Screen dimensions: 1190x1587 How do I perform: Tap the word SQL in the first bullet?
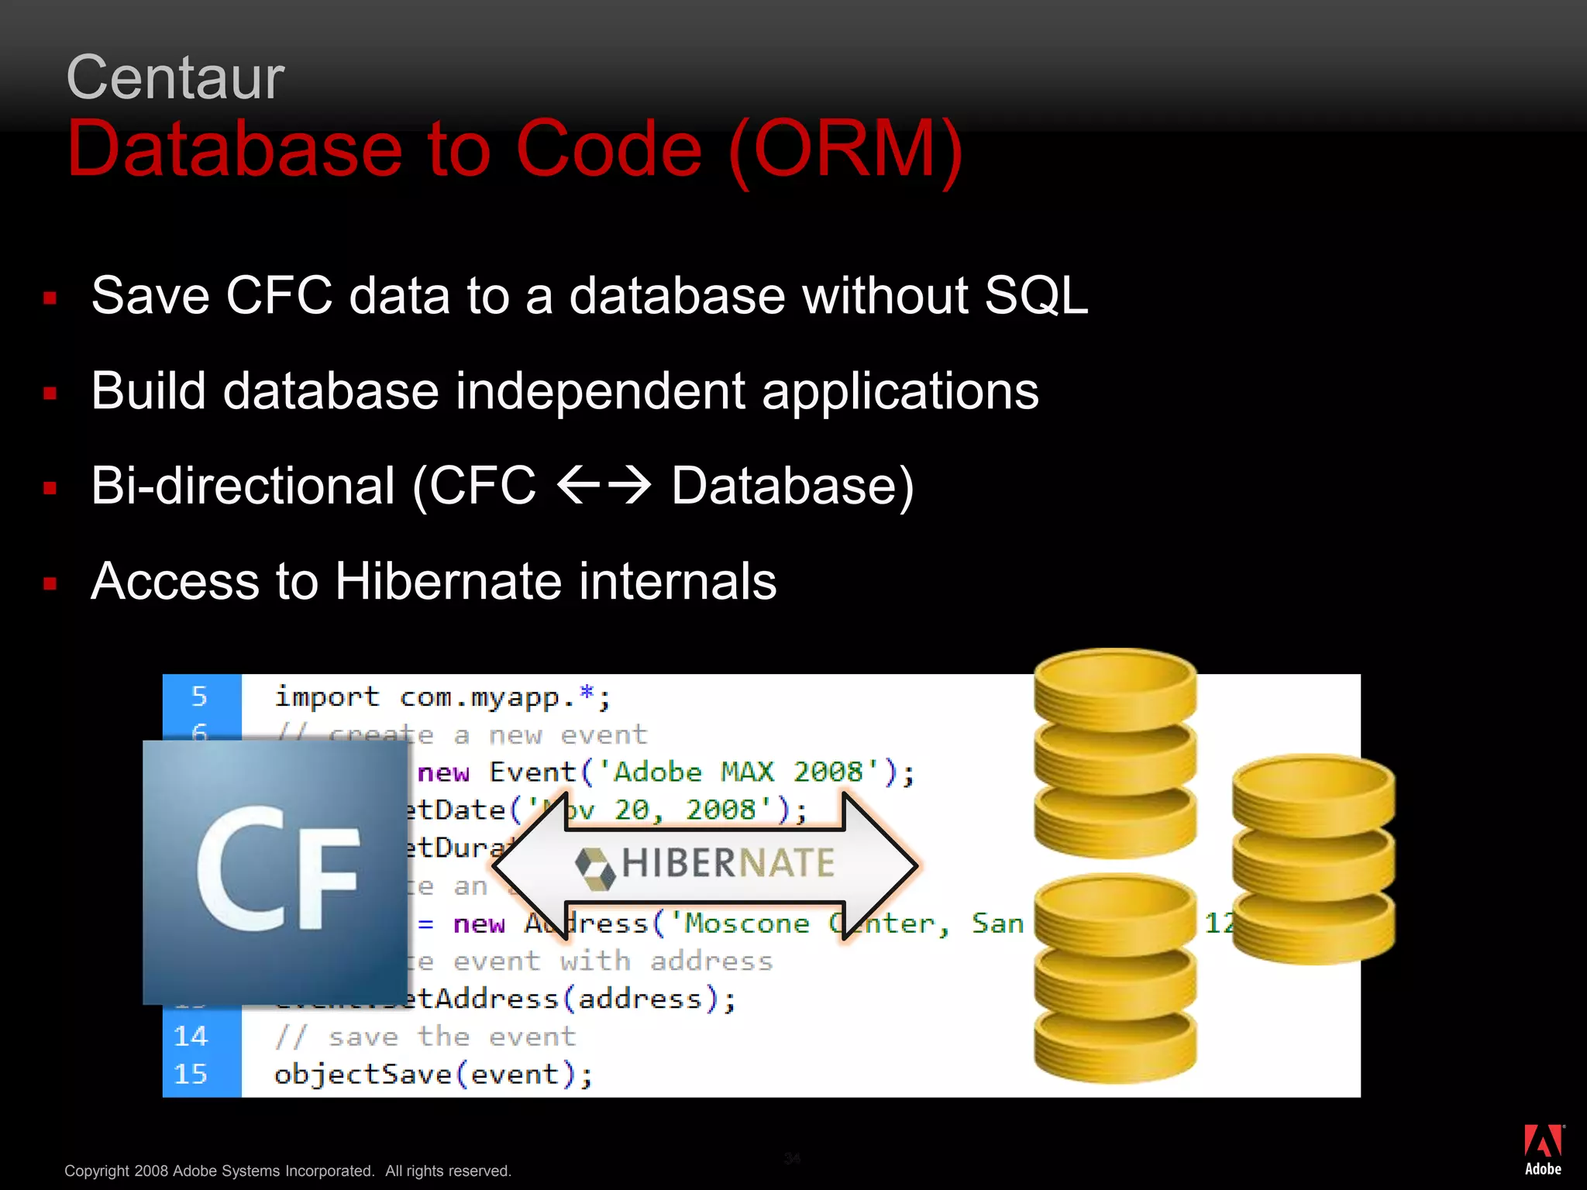point(1036,296)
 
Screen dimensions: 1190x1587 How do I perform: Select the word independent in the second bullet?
point(601,391)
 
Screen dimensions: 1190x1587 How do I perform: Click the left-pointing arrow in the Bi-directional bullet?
point(578,487)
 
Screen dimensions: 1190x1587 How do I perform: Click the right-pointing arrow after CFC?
point(628,487)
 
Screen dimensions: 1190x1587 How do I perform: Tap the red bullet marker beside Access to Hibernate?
point(50,584)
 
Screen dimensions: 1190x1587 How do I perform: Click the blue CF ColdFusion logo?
point(275,872)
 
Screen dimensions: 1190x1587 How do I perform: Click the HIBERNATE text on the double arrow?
point(728,863)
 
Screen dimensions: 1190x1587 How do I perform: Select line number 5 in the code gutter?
point(199,696)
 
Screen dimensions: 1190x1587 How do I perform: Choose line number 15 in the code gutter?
point(191,1074)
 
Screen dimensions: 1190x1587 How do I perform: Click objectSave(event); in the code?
point(433,1075)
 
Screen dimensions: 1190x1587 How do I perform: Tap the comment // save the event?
point(425,1037)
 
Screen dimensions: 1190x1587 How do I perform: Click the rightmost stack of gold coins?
point(1313,859)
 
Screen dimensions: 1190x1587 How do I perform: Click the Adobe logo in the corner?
point(1543,1150)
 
